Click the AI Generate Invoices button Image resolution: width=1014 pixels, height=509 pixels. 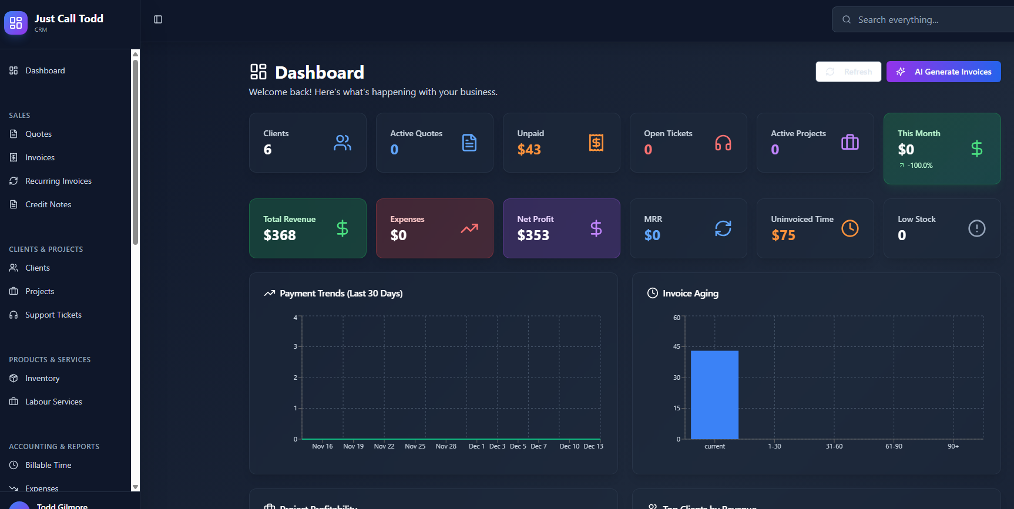tap(944, 72)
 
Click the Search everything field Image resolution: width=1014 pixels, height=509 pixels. tap(928, 20)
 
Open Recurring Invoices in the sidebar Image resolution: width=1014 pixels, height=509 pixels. tap(58, 181)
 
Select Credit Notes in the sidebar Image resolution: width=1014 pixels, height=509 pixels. tap(48, 204)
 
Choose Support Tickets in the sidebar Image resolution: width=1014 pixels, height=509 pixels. tap(53, 315)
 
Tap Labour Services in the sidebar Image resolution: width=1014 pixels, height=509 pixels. tap(53, 402)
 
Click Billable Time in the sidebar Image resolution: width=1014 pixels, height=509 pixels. tap(48, 465)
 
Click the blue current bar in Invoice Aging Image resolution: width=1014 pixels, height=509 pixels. tap(714, 395)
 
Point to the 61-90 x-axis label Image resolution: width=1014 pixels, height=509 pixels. tap(894, 446)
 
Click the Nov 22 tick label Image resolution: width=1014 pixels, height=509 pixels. tap(384, 446)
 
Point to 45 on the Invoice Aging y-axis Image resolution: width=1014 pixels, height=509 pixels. tap(677, 346)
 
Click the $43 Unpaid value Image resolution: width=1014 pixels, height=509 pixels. tap(529, 150)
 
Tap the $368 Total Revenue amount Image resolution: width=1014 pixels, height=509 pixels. tap(280, 235)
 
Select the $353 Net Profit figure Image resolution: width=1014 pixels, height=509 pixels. tap(533, 235)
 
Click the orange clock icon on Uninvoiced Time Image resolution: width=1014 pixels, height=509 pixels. tap(850, 228)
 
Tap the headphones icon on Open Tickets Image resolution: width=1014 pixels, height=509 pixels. tap(723, 143)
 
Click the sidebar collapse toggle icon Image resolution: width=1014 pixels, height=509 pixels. tap(158, 19)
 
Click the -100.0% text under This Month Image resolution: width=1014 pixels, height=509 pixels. tap(919, 166)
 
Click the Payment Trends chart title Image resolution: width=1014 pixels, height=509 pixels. tap(341, 294)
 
